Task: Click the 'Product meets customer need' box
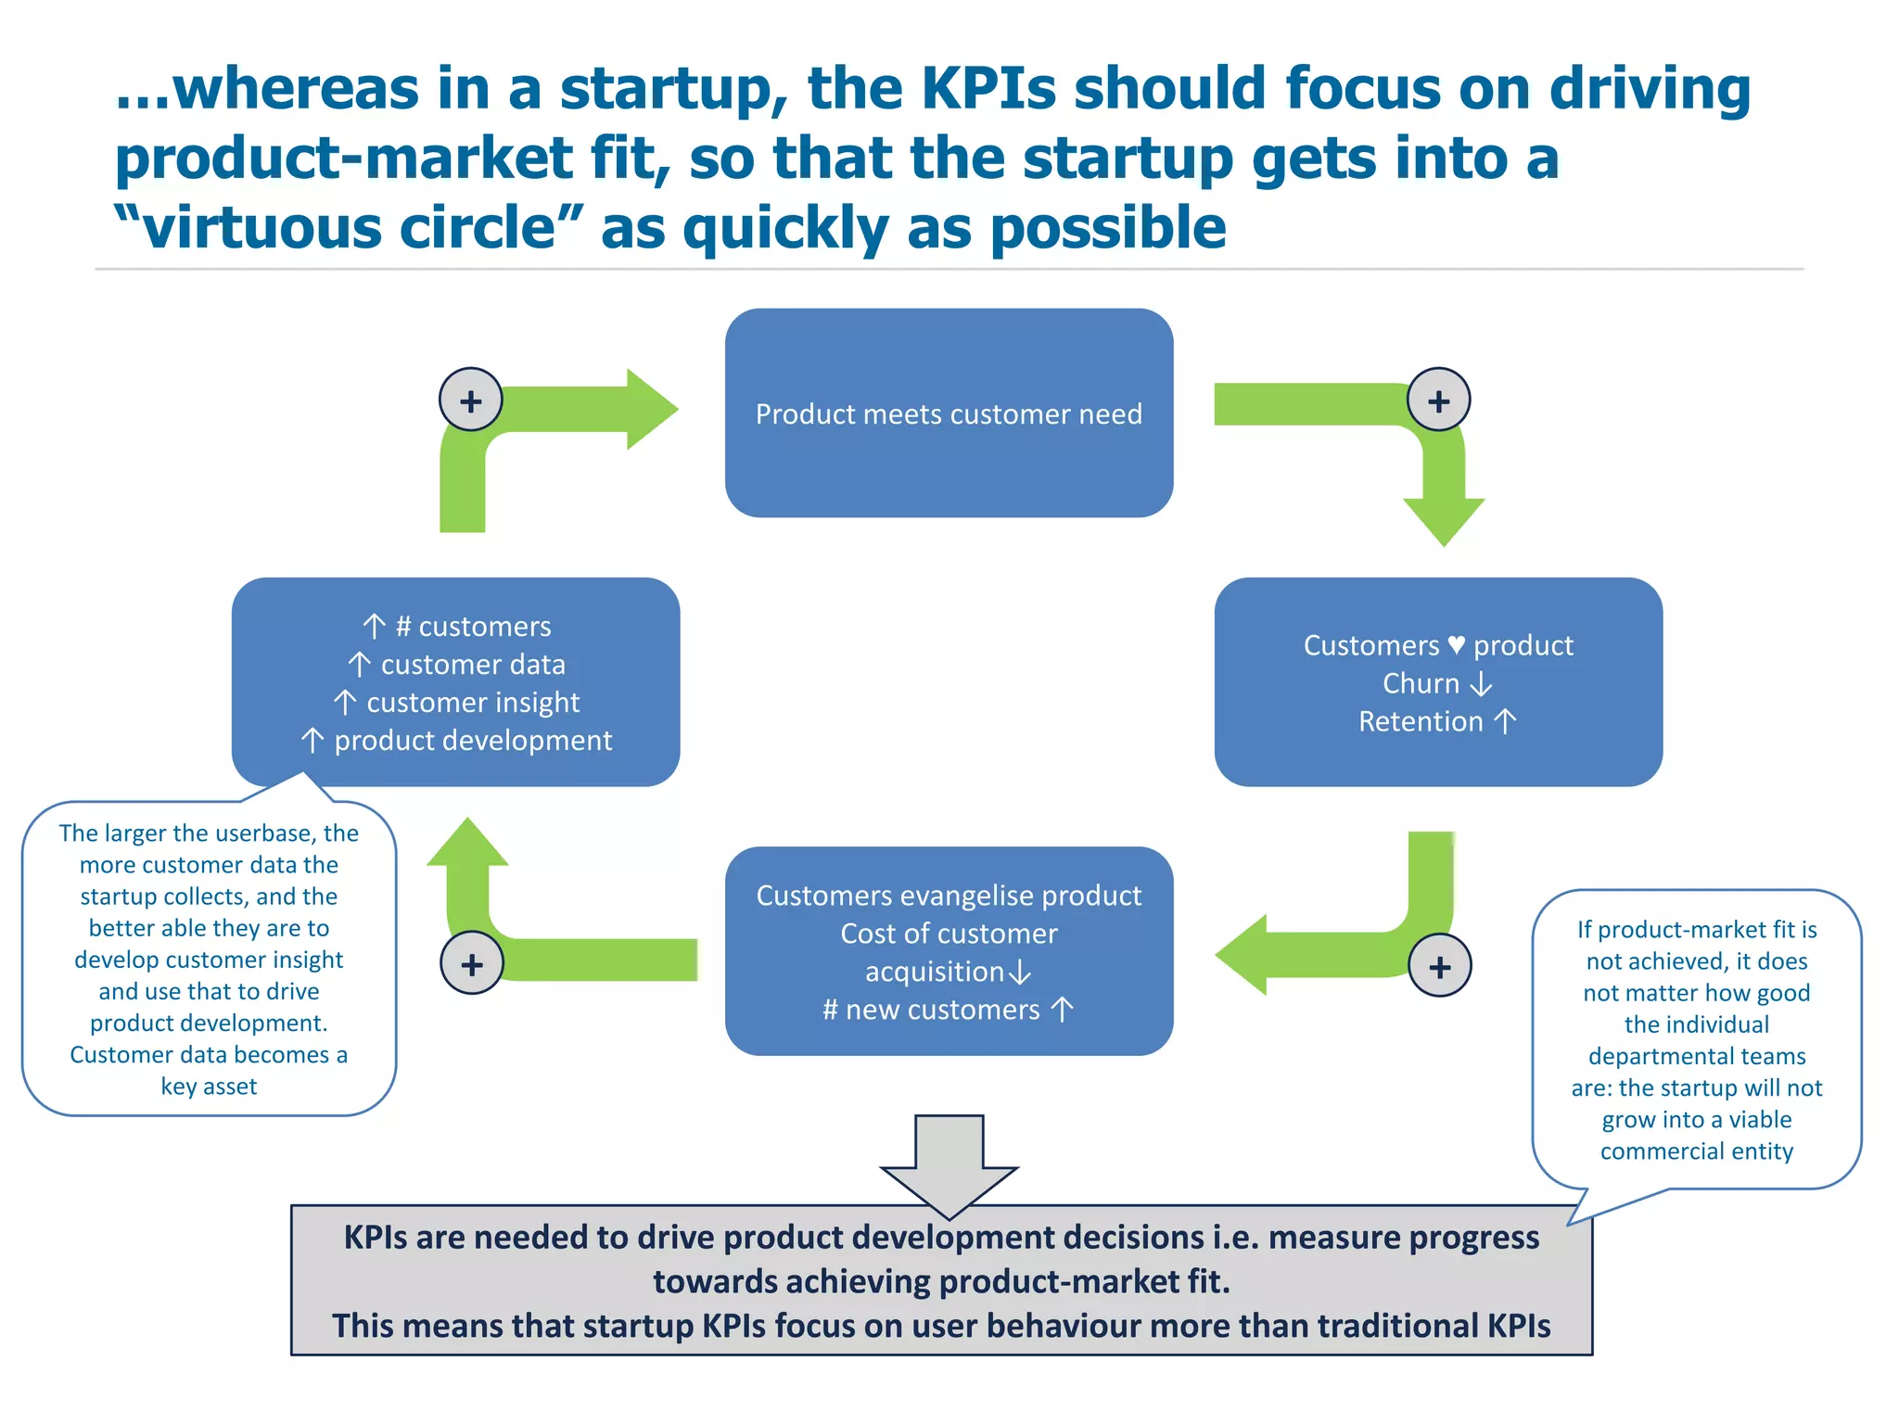949,413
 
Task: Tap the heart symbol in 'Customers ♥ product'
1456,644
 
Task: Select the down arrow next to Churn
1482,683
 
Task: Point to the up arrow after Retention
1505,721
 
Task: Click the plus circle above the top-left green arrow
471,400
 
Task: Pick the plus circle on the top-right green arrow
1438,400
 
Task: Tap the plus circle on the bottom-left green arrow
472,963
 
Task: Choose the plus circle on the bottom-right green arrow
1439,966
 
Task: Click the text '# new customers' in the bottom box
931,1010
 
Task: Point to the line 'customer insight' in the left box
473,703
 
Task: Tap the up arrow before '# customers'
374,627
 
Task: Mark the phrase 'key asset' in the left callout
209,1087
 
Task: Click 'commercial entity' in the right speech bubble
1696,1151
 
